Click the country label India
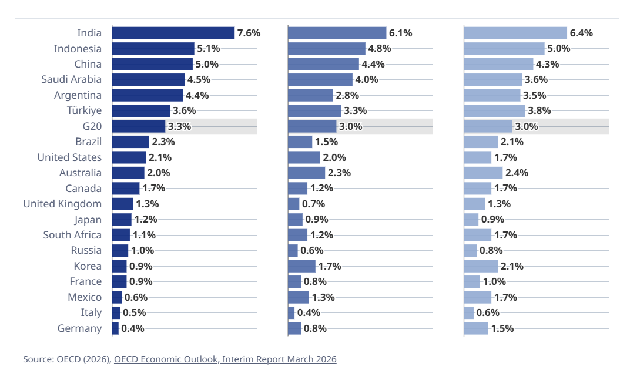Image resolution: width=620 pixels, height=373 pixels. coord(89,33)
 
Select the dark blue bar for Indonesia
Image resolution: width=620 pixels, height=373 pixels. coord(153,49)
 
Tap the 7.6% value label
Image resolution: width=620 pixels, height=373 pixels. coord(249,33)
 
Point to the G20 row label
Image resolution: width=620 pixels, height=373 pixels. coord(92,126)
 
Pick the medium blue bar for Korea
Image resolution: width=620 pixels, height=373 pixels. coord(301,266)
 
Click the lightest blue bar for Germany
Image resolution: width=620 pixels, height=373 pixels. coord(476,328)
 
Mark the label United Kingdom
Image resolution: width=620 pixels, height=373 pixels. coord(62,204)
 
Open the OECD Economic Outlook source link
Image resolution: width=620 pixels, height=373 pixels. coord(225,359)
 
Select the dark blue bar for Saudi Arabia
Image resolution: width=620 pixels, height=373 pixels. coord(148,80)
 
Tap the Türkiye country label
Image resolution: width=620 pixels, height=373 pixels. coord(85,110)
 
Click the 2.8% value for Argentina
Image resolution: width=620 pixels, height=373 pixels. coord(347,95)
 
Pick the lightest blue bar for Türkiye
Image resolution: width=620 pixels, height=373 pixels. coord(494,110)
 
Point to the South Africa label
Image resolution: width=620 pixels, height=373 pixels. coord(72,235)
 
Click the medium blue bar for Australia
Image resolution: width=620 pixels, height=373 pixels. coord(306,173)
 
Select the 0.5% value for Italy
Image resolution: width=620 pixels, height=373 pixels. coord(134,312)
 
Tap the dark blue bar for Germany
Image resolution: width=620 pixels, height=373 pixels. coord(115,328)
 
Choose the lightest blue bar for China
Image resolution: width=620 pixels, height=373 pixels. coord(498,64)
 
